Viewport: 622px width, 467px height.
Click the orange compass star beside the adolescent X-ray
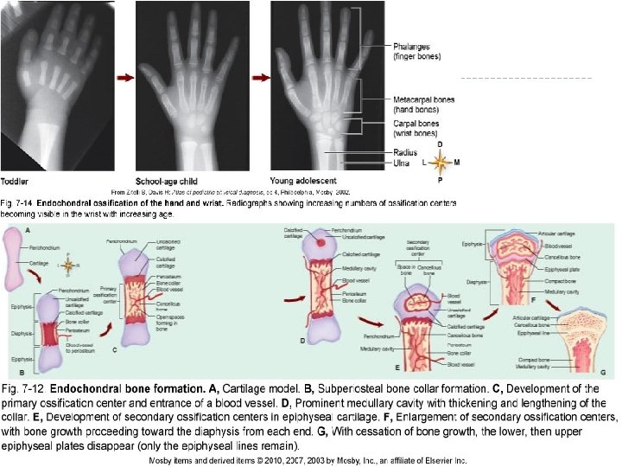tap(441, 161)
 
